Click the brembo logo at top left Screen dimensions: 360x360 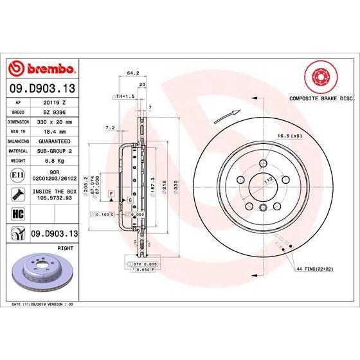tap(42, 69)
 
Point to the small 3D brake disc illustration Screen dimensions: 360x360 tap(42, 270)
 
